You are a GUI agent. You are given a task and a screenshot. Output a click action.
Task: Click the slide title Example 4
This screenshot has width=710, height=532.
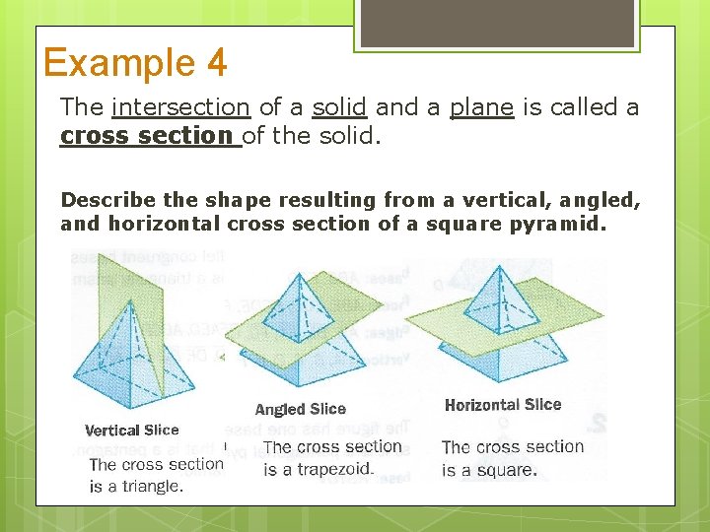click(x=135, y=63)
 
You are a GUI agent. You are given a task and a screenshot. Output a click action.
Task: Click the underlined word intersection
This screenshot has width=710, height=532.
click(x=180, y=106)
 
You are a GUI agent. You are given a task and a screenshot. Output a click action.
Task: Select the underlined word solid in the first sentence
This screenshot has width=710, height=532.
click(x=339, y=106)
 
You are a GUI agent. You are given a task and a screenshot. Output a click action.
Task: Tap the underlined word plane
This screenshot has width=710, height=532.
click(x=481, y=106)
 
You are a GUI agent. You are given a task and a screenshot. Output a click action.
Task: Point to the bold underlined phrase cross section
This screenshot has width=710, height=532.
click(x=150, y=135)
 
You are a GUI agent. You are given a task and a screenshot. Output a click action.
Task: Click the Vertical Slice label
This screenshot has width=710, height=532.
click(x=131, y=431)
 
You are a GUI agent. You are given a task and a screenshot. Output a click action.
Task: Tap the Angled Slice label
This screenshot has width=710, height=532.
click(x=300, y=409)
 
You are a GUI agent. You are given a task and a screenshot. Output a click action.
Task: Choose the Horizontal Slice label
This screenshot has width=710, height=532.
click(x=502, y=405)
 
